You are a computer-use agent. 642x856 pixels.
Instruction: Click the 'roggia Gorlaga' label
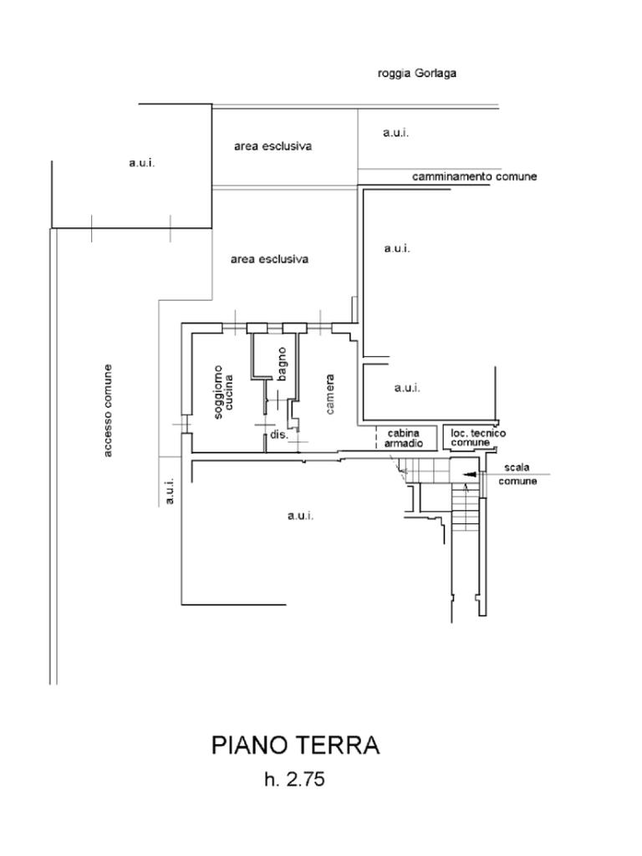pyautogui.click(x=416, y=74)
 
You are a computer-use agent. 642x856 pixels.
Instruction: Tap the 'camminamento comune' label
pyautogui.click(x=474, y=176)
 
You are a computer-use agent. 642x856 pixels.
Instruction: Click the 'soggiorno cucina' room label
pyautogui.click(x=223, y=392)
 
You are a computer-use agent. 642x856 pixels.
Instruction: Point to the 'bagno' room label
pyautogui.click(x=282, y=364)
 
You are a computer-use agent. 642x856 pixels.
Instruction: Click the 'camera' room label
pyautogui.click(x=330, y=394)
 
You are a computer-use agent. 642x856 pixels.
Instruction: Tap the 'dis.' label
pyautogui.click(x=278, y=436)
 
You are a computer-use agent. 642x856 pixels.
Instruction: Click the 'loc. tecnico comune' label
pyautogui.click(x=477, y=437)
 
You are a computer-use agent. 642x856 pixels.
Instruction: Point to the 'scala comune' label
pyautogui.click(x=517, y=474)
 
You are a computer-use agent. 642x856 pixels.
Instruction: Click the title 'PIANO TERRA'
pyautogui.click(x=295, y=745)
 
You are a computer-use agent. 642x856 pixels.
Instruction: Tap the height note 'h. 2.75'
pyautogui.click(x=294, y=780)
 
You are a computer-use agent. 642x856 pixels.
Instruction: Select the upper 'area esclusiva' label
pyautogui.click(x=273, y=146)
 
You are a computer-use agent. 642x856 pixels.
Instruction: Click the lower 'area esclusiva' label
pyautogui.click(x=269, y=259)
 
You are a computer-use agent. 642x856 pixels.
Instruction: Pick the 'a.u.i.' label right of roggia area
pyautogui.click(x=395, y=133)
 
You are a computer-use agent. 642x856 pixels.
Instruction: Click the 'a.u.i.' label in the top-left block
pyautogui.click(x=141, y=163)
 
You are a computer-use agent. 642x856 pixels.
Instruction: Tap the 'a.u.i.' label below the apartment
pyautogui.click(x=300, y=516)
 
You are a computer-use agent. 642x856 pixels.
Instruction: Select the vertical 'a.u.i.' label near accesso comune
pyautogui.click(x=170, y=491)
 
